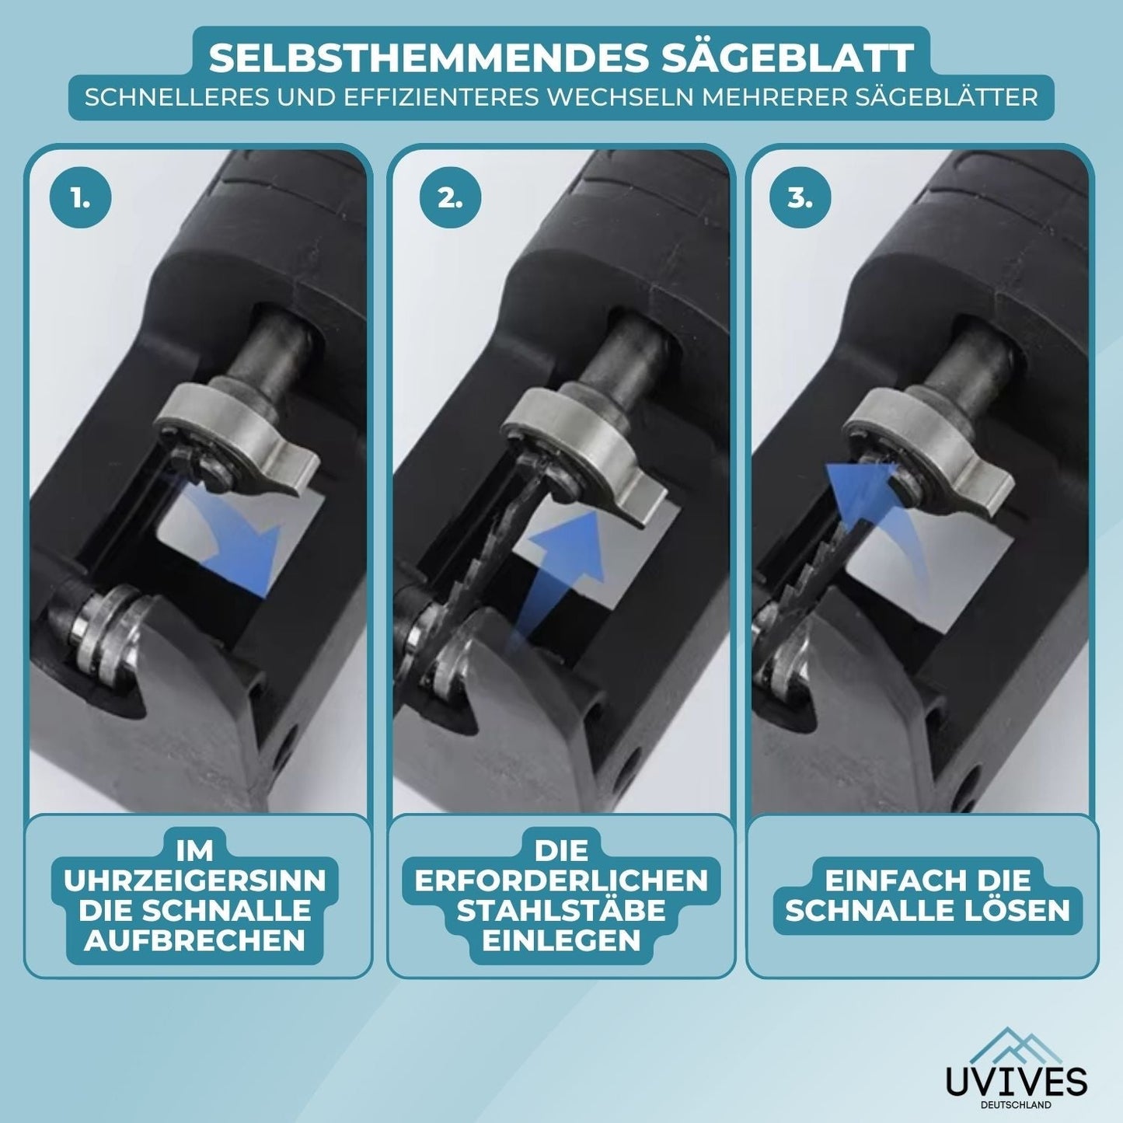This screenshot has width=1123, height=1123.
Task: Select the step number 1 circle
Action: tap(80, 201)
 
